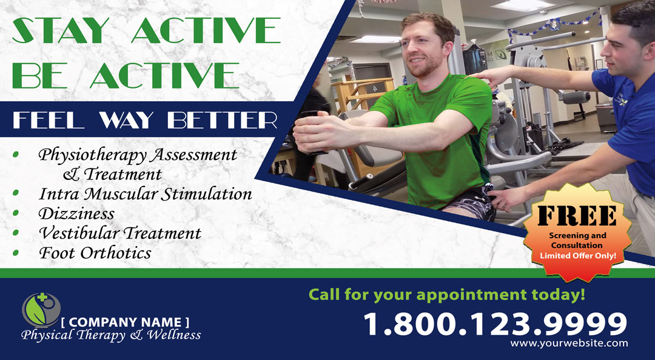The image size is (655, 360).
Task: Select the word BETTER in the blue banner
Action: pyautogui.click(x=222, y=120)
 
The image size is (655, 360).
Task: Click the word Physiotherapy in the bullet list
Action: pyautogui.click(x=92, y=156)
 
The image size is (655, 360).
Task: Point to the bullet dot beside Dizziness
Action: pyautogui.click(x=16, y=213)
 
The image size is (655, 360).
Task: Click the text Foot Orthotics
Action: pyautogui.click(x=95, y=253)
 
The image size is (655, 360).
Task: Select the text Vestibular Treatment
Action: pyautogui.click(x=120, y=233)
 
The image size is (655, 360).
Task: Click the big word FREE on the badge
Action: pyautogui.click(x=577, y=215)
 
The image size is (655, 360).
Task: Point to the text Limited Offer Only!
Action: pyautogui.click(x=578, y=255)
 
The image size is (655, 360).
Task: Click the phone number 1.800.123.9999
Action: pyautogui.click(x=495, y=324)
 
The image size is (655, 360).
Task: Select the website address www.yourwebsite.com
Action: pyautogui.click(x=569, y=343)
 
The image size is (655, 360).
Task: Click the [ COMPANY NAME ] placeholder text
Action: pyautogui.click(x=125, y=322)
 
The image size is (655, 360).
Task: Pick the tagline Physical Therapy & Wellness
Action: pyautogui.click(x=111, y=335)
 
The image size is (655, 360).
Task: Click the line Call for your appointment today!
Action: pyautogui.click(x=447, y=295)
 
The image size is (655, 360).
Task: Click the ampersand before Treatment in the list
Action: pyautogui.click(x=72, y=174)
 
